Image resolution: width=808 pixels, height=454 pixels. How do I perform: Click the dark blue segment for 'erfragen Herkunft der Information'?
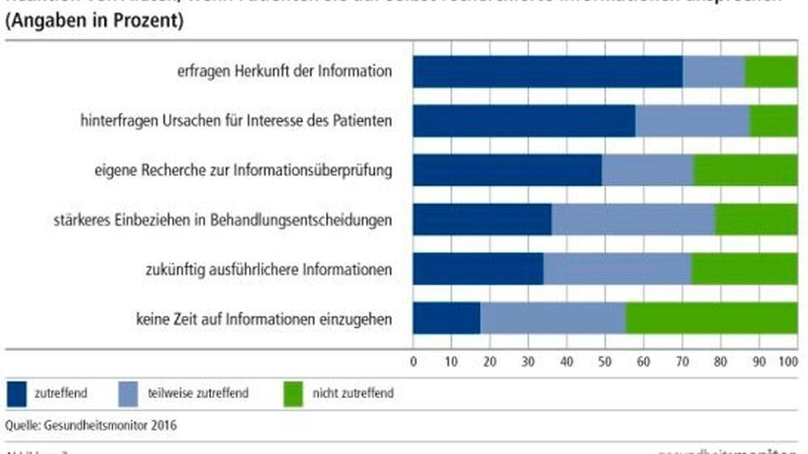coord(547,71)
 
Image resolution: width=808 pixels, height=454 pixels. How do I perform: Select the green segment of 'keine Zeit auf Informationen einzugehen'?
coord(711,318)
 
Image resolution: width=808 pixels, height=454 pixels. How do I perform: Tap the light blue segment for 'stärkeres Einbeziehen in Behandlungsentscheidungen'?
coord(632,220)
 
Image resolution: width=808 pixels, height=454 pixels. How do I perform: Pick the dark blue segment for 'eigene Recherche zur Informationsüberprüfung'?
coord(507,170)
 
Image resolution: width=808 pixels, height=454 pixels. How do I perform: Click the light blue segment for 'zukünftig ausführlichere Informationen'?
coord(617,269)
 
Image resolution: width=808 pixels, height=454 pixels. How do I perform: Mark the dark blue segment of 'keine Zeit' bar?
coord(446,318)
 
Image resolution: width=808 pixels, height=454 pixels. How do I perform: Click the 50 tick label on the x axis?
coord(604,361)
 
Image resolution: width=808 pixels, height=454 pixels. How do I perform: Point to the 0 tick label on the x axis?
coord(414,361)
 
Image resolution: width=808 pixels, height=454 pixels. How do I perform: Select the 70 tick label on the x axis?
coord(680,361)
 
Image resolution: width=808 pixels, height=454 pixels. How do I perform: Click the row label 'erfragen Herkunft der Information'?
coord(284,71)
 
